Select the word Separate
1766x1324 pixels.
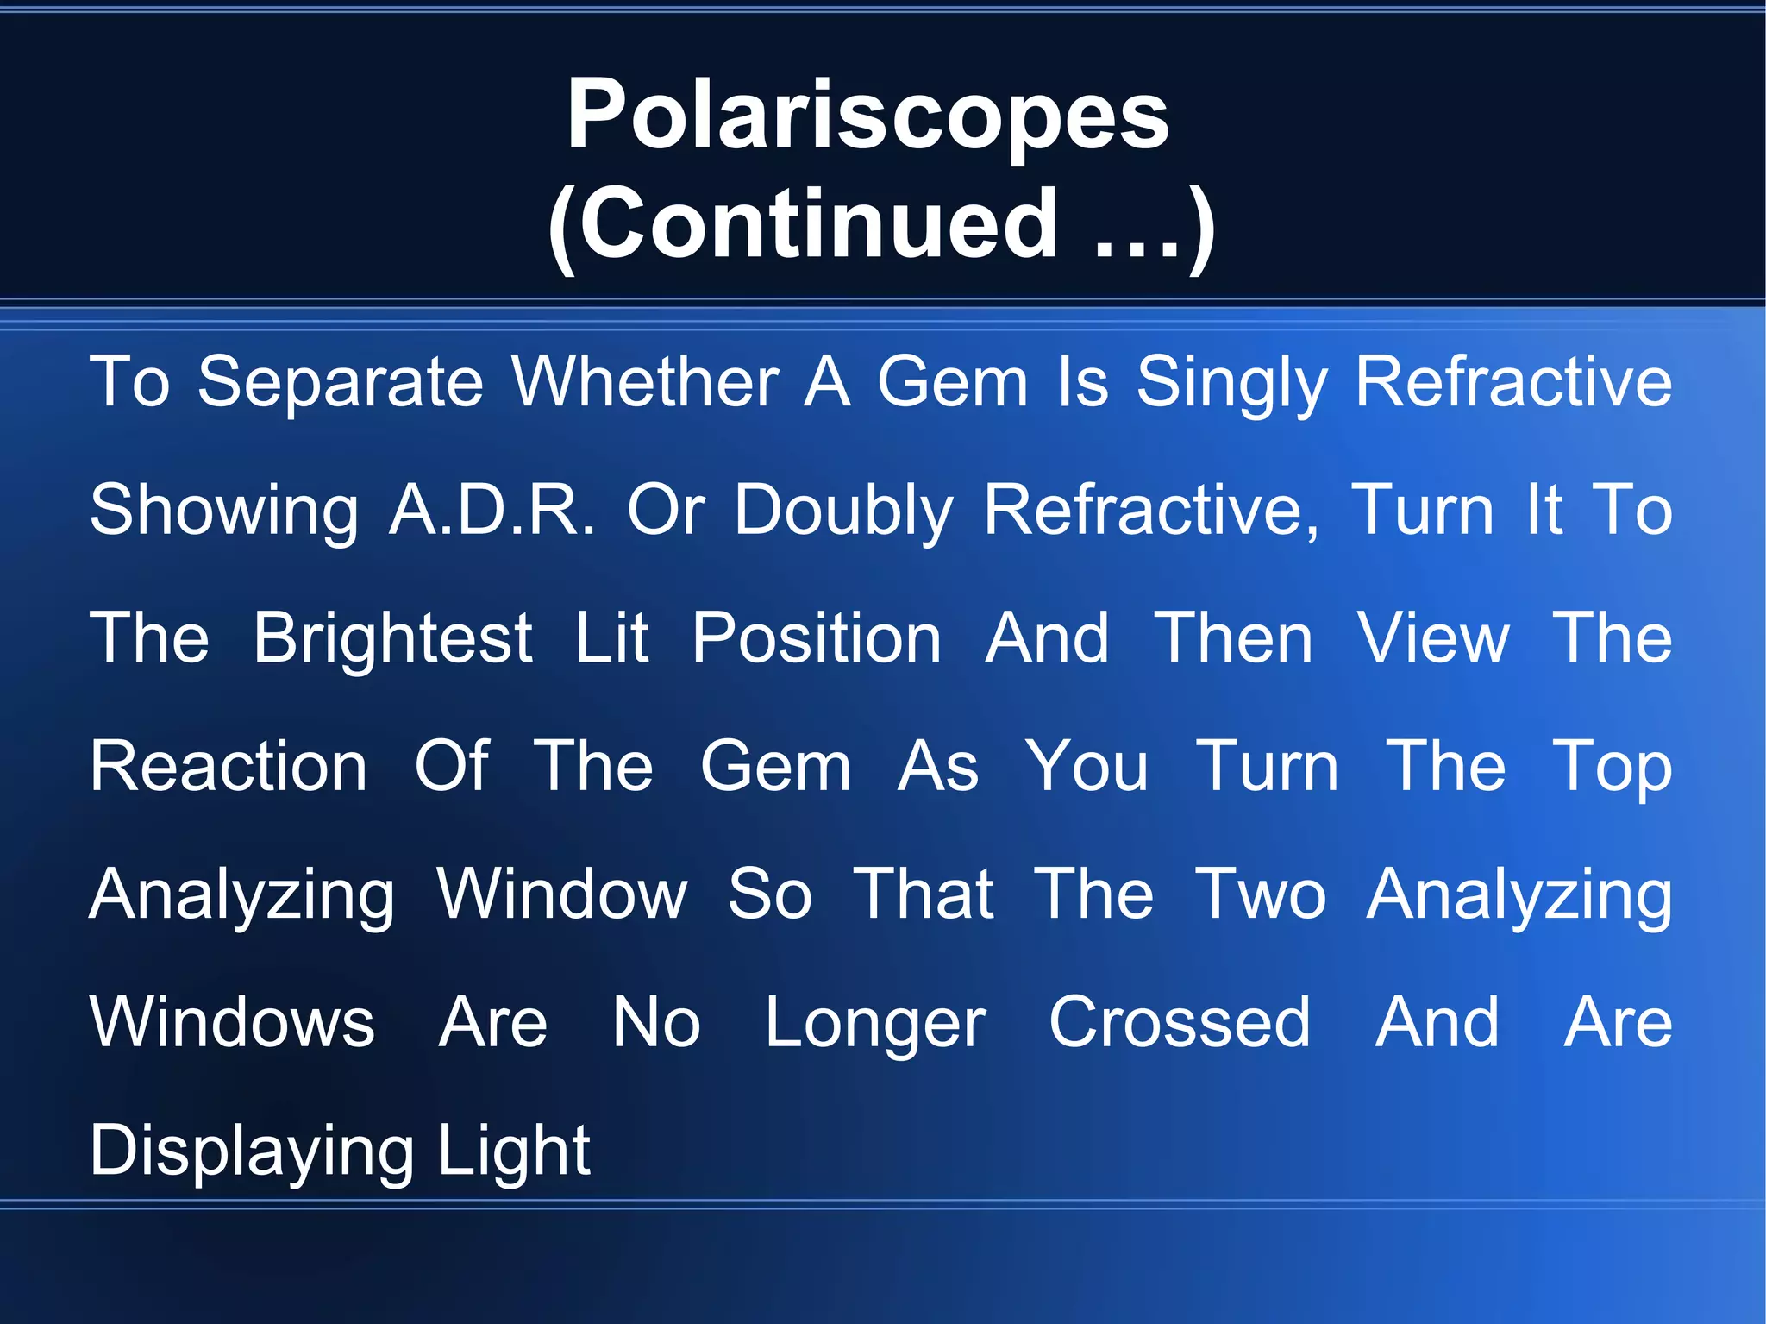[x=341, y=382]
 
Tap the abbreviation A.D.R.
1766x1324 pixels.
[x=492, y=510]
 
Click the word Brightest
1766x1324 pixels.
[x=393, y=639]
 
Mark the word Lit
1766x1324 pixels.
[x=611, y=637]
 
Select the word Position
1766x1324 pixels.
[x=817, y=639]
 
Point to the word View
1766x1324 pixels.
[x=1432, y=637]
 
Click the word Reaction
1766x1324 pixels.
[x=229, y=766]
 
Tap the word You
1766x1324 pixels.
[x=1087, y=766]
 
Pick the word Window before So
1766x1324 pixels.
[x=562, y=894]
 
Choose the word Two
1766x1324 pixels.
[x=1261, y=894]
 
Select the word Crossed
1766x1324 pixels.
[x=1179, y=1022]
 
